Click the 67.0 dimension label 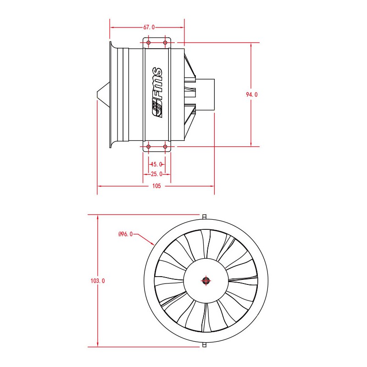[x=149, y=28]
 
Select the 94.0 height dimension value [x=251, y=95]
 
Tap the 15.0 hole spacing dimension [x=157, y=164]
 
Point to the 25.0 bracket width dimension [x=156, y=174]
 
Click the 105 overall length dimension [x=156, y=186]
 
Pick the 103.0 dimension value [x=98, y=281]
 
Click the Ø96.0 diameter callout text [x=125, y=234]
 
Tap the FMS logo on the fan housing [x=157, y=93]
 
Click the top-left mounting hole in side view [x=148, y=43]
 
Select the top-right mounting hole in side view [x=165, y=43]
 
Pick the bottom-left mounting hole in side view [x=148, y=147]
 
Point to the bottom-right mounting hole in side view [x=165, y=147]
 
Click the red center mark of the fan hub [x=206, y=281]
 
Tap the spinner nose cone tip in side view [x=97, y=95]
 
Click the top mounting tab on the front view [x=204, y=217]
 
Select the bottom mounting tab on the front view [x=204, y=345]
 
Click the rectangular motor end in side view [x=205, y=95]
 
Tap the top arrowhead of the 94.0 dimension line [x=251, y=45]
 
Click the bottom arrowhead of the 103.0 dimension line [x=98, y=345]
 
